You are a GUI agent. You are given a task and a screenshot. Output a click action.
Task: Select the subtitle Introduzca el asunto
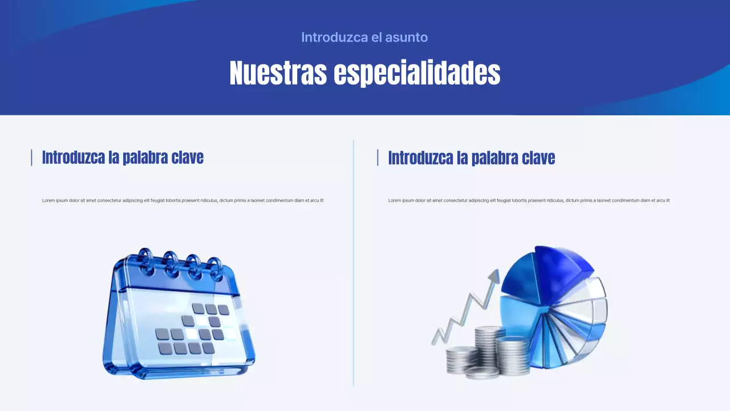pyautogui.click(x=364, y=37)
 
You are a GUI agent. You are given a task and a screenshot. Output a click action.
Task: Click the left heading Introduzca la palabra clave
pyautogui.click(x=123, y=158)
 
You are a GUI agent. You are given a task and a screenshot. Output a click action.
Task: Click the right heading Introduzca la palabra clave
pyautogui.click(x=471, y=158)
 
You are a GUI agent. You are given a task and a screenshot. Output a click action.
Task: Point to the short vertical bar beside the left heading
pyautogui.click(x=31, y=158)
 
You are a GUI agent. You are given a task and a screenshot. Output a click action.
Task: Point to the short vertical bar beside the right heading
pyautogui.click(x=378, y=158)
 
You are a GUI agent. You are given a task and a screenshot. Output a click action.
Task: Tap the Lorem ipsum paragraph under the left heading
pyautogui.click(x=182, y=200)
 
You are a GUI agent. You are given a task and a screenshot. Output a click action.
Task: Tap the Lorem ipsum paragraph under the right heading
pyautogui.click(x=529, y=200)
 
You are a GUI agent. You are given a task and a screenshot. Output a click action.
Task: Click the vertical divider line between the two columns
pyautogui.click(x=354, y=263)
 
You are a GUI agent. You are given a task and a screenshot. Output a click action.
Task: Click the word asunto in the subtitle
pyautogui.click(x=406, y=37)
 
